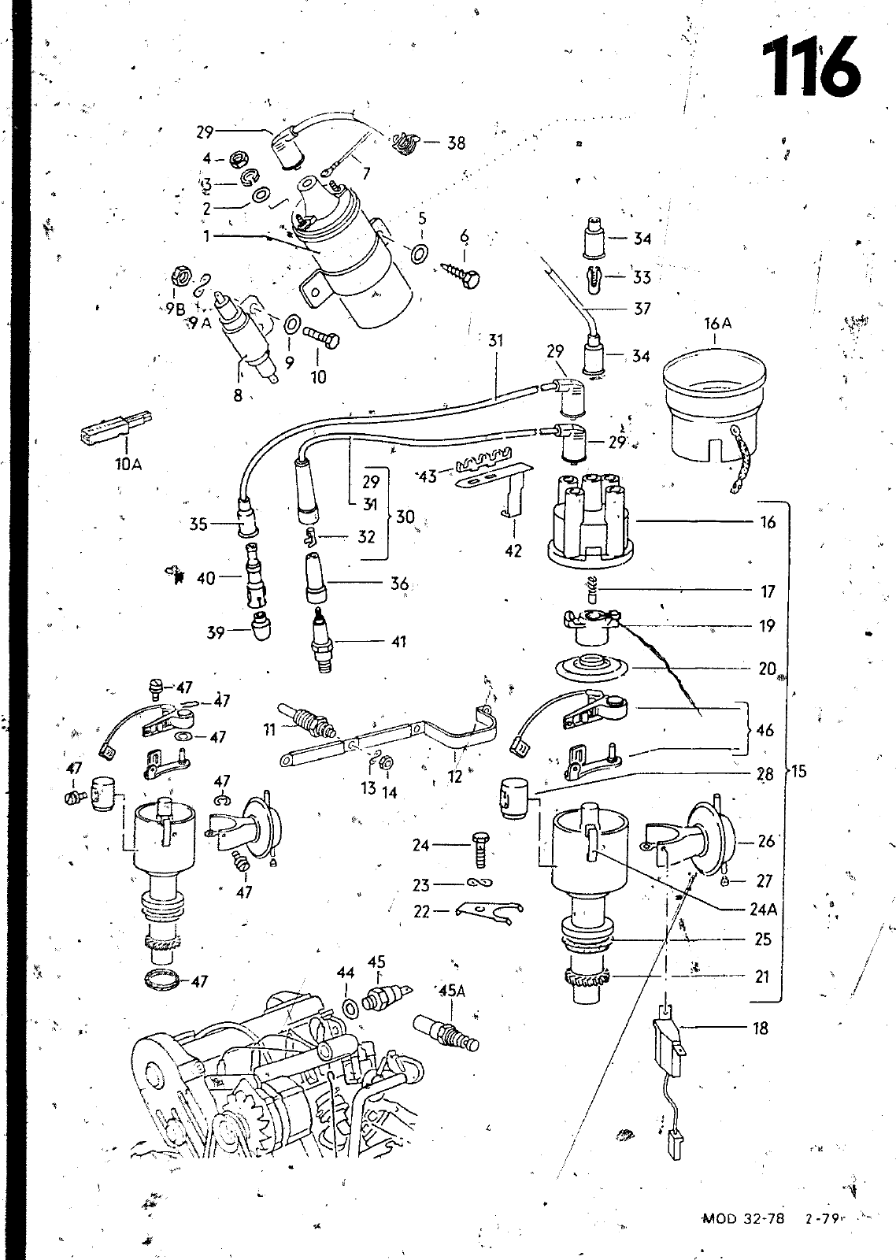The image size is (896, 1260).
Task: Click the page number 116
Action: pos(811,65)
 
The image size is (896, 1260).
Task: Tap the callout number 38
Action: pos(456,143)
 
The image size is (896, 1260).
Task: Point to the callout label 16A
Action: pos(718,324)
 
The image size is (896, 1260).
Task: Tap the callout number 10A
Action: pos(129,465)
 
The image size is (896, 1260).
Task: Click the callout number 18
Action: pos(760,1028)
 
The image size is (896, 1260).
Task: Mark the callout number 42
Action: pos(513,550)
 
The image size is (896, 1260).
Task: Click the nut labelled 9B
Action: pos(180,276)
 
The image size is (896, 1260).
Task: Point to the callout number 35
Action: pos(198,524)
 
